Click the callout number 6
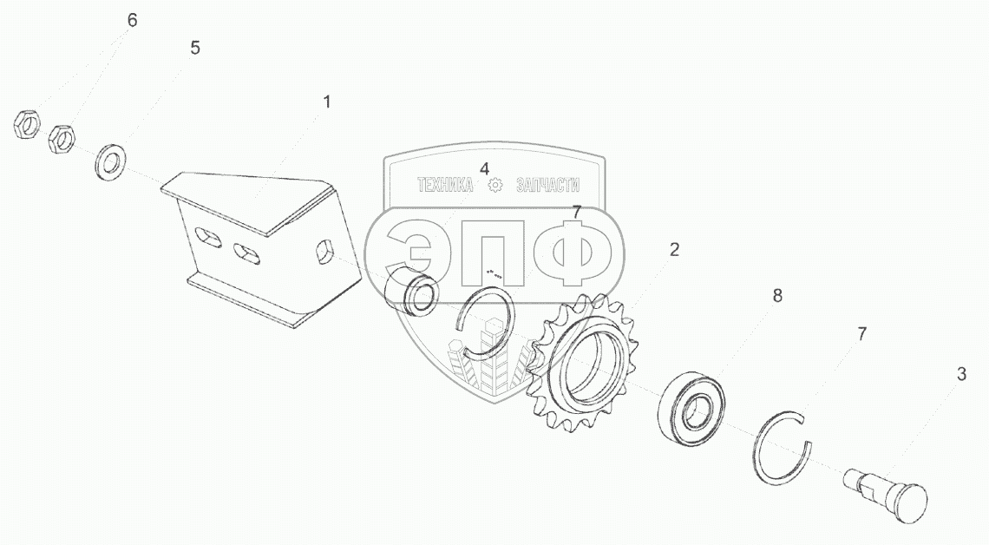132,20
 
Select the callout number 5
195,48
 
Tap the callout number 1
327,102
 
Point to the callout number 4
484,169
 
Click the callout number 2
674,250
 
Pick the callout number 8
777,295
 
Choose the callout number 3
961,374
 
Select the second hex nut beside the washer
62,139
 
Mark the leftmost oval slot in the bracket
208,238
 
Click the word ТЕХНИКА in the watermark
445,185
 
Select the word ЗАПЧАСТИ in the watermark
547,185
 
